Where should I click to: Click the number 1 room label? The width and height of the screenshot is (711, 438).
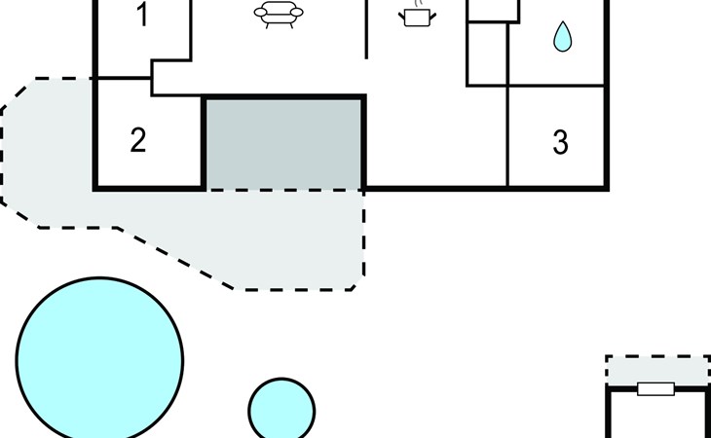(x=142, y=17)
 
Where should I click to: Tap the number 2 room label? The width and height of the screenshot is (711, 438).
(x=138, y=140)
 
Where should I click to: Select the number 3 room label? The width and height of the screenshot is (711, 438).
(x=560, y=142)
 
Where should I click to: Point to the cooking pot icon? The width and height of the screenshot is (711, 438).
(x=417, y=17)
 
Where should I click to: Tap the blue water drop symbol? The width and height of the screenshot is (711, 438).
(x=562, y=37)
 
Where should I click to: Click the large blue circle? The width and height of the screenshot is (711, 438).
(x=99, y=358)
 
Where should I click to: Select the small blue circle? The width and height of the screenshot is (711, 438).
(x=282, y=410)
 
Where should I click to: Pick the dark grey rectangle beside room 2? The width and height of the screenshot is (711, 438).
(x=283, y=142)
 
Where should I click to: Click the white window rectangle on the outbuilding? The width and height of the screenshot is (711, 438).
(x=655, y=389)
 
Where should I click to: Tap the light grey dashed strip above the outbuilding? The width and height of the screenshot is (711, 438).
(x=657, y=371)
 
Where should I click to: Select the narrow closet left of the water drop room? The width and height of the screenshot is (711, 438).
(x=488, y=54)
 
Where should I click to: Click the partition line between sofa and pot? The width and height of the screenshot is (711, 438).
(x=366, y=29)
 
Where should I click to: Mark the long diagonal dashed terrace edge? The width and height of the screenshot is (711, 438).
(x=175, y=258)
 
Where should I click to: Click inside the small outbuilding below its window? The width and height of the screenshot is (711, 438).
(x=657, y=419)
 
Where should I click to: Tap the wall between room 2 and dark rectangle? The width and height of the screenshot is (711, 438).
(x=205, y=142)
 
